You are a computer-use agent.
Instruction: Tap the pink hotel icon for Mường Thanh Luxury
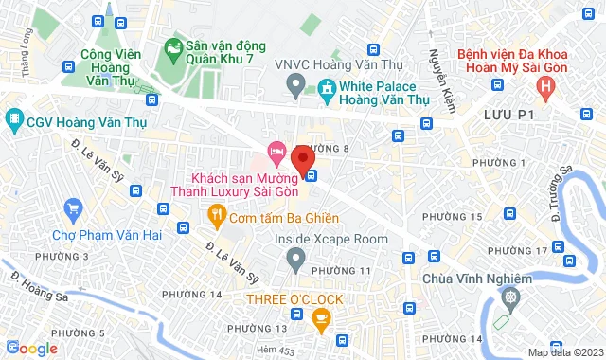click(276, 151)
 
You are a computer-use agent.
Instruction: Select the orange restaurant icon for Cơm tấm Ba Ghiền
click(216, 217)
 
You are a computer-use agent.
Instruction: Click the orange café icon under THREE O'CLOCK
click(319, 318)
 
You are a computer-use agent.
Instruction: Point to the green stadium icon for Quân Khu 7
click(174, 45)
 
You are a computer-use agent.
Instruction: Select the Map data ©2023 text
click(564, 352)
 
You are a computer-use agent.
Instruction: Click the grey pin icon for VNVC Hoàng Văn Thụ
click(295, 87)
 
